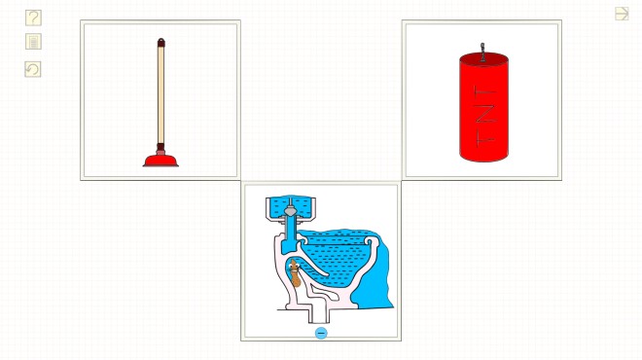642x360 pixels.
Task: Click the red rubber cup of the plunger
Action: [x=160, y=161]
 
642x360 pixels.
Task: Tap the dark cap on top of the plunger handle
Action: [x=160, y=42]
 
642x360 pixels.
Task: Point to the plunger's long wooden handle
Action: [x=160, y=94]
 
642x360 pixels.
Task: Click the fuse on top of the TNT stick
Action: [x=482, y=53]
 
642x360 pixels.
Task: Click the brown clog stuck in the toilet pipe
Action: [x=295, y=273]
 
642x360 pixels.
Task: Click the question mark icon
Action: [x=33, y=18]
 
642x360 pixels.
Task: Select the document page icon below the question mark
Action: [x=33, y=42]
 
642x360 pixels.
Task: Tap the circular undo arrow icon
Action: [x=33, y=69]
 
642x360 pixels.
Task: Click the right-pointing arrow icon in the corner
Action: [x=622, y=14]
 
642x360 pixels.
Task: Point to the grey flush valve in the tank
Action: [x=290, y=210]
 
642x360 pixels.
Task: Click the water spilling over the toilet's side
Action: [x=374, y=277]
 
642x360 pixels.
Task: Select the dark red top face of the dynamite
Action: [x=484, y=58]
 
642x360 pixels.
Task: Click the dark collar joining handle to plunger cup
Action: [x=160, y=149]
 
